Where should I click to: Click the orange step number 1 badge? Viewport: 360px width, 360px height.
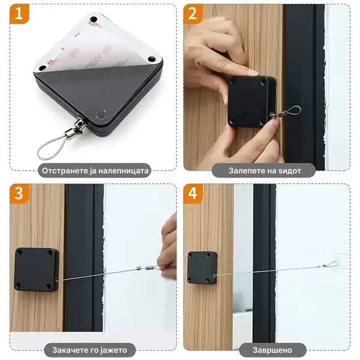[x=19, y=14]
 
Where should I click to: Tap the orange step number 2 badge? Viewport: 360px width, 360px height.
[x=193, y=14]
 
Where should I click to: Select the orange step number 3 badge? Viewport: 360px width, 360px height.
[x=19, y=194]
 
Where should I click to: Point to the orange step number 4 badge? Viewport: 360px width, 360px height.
[x=193, y=194]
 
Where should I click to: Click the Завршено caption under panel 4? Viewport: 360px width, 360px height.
[x=272, y=350]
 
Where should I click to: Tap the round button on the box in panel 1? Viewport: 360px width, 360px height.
[x=101, y=114]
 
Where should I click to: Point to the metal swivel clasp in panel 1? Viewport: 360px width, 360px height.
[x=76, y=128]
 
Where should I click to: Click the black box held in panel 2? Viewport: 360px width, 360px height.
[x=252, y=102]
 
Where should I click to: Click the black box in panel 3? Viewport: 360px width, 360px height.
[x=36, y=269]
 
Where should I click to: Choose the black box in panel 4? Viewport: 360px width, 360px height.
[x=203, y=268]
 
